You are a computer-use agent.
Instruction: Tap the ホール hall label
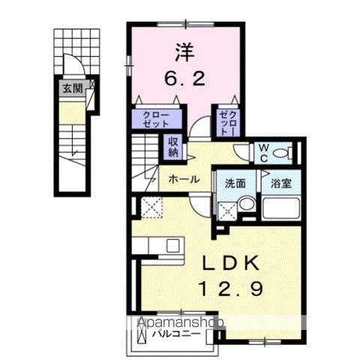[x=184, y=179]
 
